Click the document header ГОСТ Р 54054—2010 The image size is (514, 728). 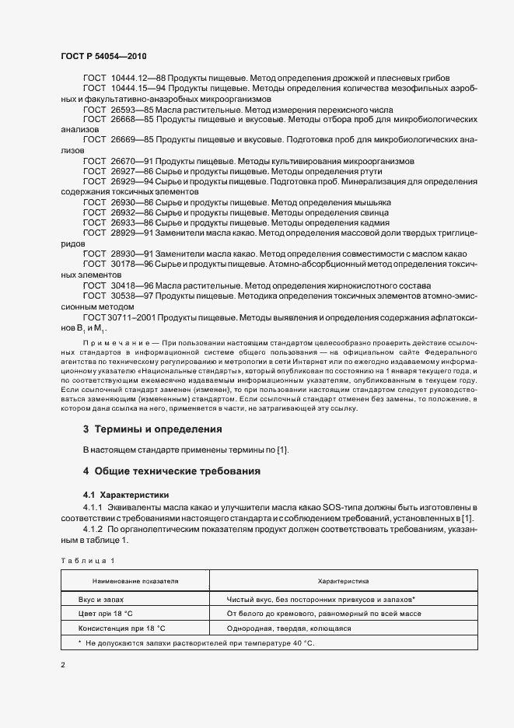[x=103, y=58]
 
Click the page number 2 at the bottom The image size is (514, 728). [x=63, y=665]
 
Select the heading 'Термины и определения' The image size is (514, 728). [x=158, y=429]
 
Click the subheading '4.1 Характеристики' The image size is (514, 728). [x=125, y=495]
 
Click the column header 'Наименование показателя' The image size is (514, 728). [x=135, y=580]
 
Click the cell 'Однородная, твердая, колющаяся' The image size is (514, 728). [x=289, y=628]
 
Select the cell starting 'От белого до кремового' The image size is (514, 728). [x=323, y=614]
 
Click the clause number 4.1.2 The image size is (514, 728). [x=96, y=529]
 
